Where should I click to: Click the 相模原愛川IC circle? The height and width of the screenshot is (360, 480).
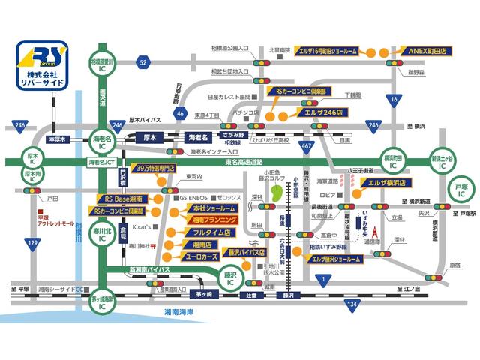point(101,62)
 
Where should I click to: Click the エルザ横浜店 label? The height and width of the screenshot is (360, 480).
point(382,182)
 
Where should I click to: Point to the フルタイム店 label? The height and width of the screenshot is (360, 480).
point(202,232)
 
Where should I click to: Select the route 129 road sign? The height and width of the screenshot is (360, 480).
point(31,243)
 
